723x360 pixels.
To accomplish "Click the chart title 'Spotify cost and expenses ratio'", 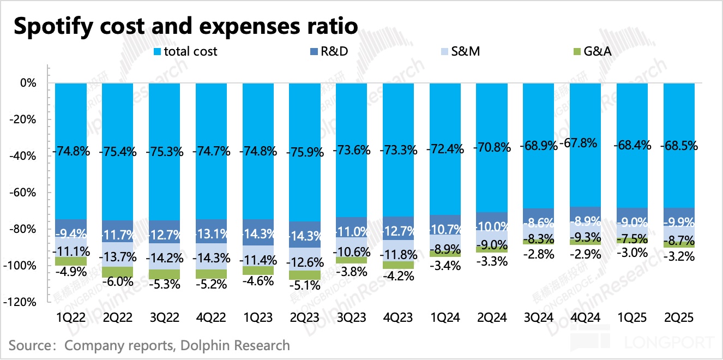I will [185, 26].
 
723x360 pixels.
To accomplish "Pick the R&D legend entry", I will [337, 51].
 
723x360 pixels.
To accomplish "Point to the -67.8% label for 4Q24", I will [585, 143].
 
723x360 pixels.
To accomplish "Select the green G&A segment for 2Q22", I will [117, 272].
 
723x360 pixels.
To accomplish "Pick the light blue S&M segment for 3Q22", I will [164, 256].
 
